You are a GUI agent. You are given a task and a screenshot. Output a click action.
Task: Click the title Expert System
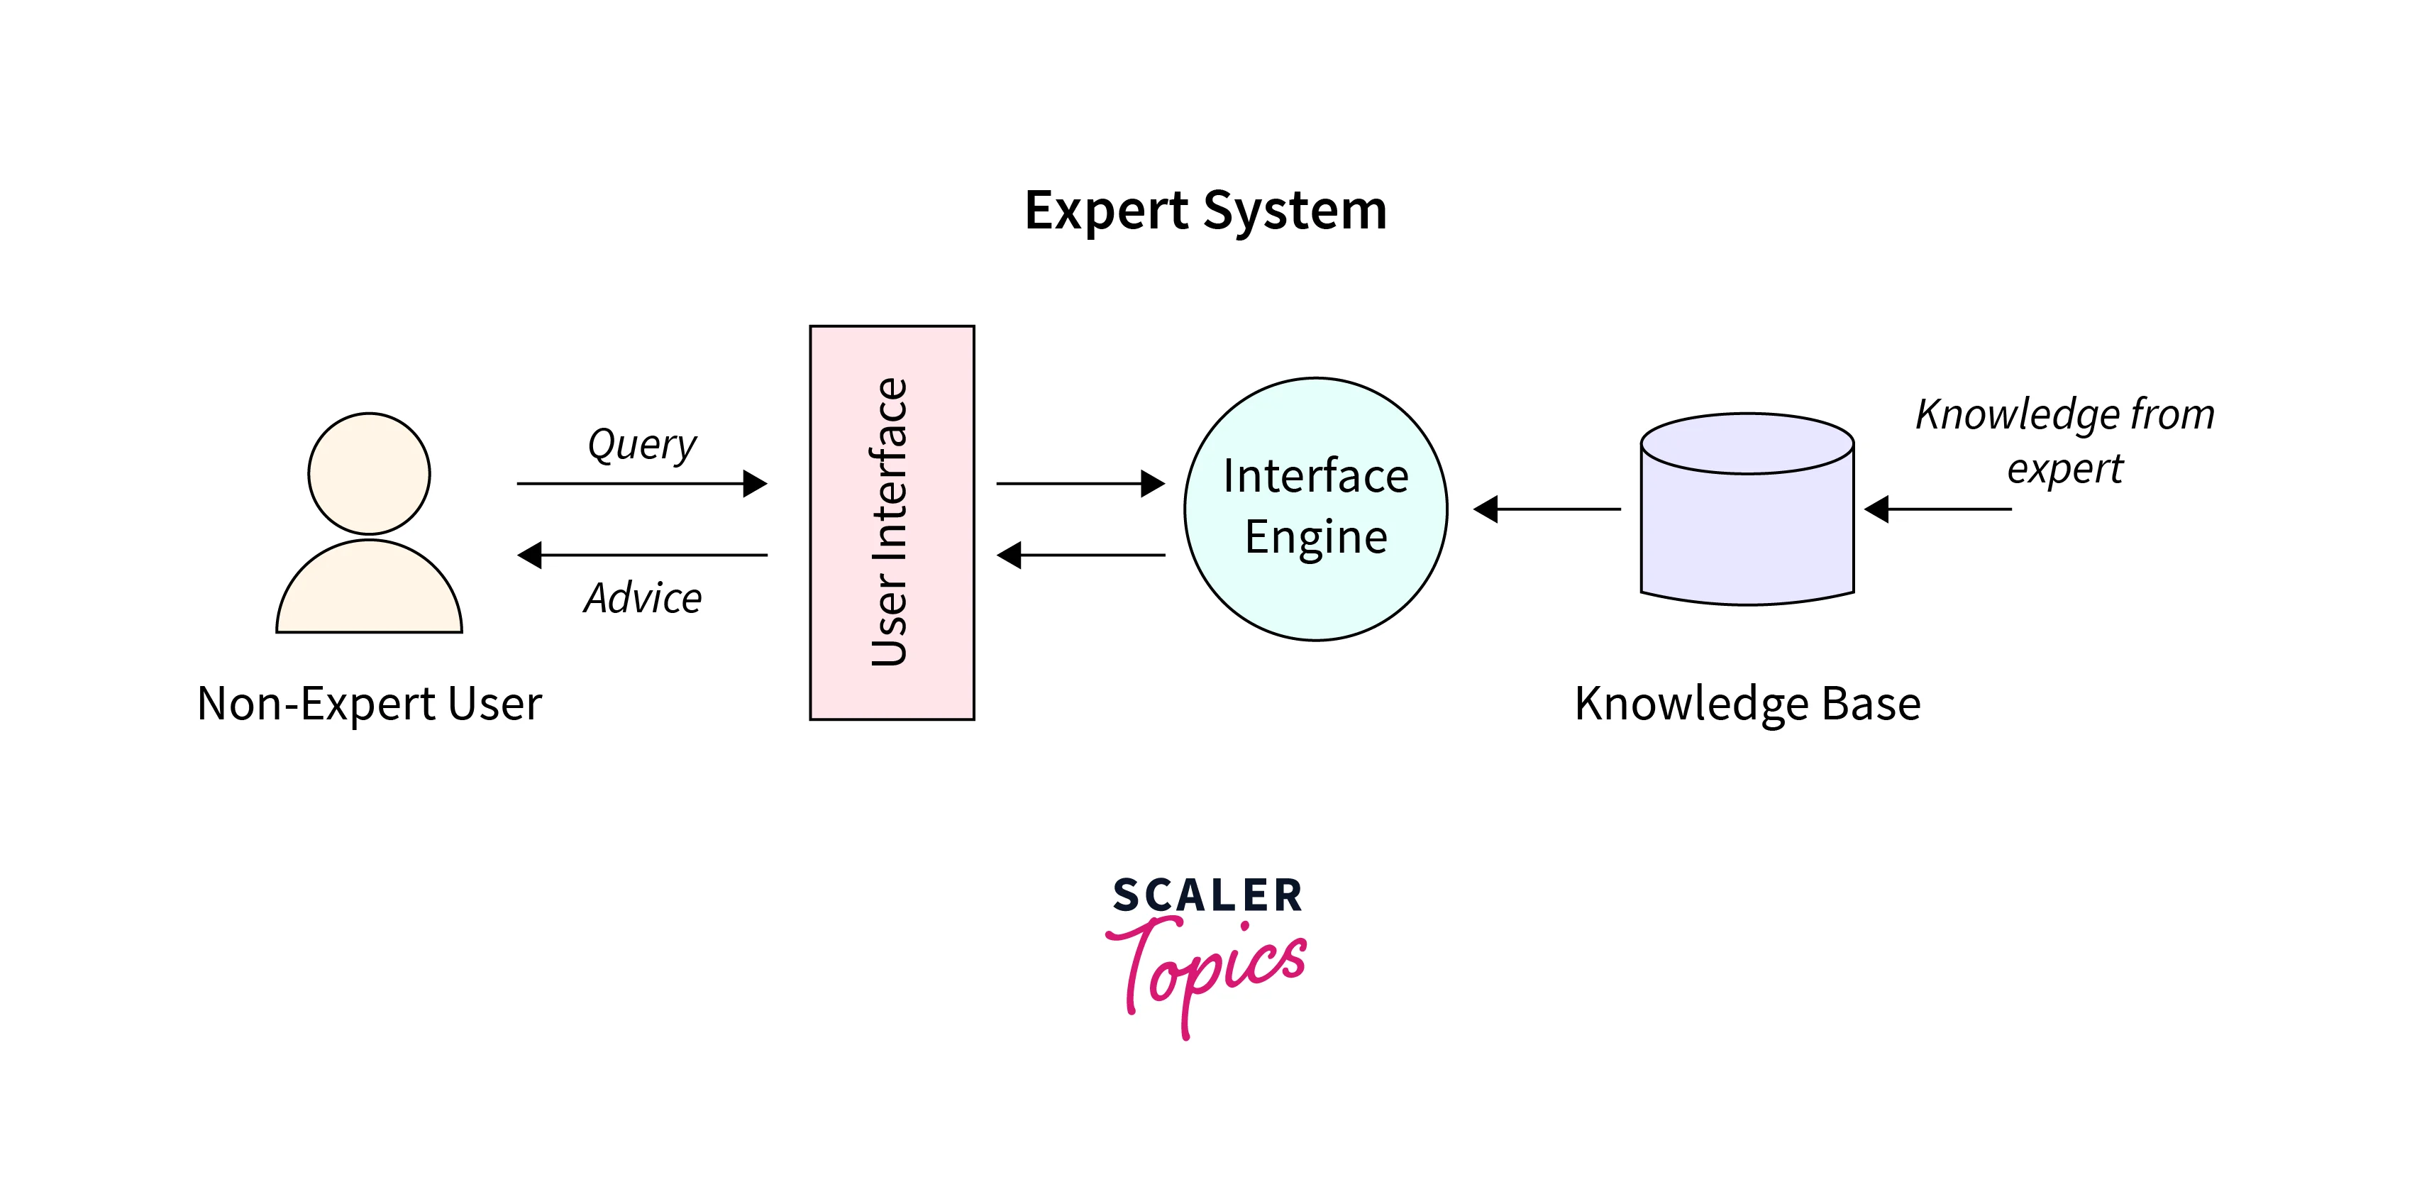[1205, 210]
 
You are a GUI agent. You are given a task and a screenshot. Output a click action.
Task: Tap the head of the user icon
[369, 474]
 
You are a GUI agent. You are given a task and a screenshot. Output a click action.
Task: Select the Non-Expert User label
[369, 703]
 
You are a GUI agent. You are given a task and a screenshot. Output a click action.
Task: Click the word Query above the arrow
[641, 444]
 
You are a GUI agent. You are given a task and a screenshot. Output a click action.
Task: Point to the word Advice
[642, 597]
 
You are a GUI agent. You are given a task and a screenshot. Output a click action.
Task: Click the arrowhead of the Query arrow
[755, 483]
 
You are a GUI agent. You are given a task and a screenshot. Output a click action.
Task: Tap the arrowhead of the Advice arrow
[530, 556]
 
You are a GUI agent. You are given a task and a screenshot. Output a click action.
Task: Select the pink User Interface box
[892, 522]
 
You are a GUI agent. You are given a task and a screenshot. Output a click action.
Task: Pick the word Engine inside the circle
[1315, 536]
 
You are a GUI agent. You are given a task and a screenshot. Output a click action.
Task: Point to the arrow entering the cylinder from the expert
[1937, 509]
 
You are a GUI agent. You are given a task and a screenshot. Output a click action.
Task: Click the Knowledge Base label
[1747, 703]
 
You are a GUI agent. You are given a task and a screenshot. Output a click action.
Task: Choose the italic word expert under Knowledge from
[2064, 469]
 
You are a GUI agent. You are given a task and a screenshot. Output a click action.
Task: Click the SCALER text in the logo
[1207, 895]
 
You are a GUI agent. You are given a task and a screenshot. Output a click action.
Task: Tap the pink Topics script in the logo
[1208, 969]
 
